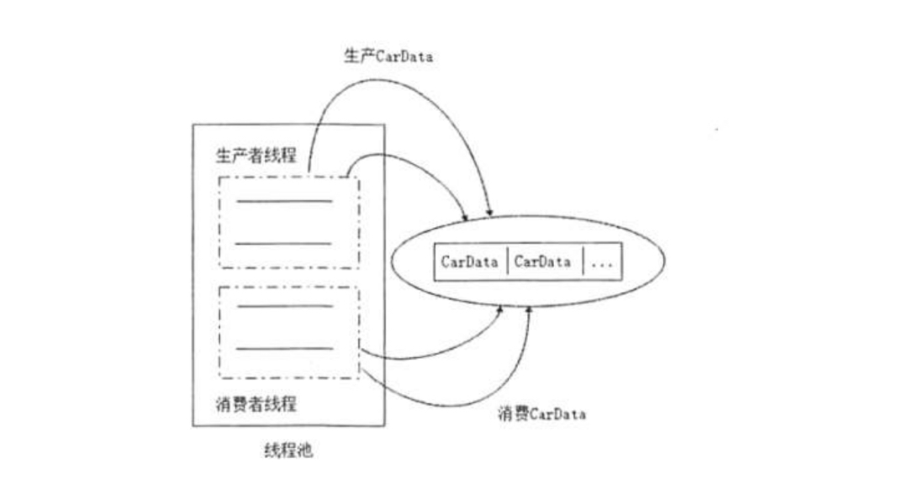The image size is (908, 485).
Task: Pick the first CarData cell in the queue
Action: click(470, 261)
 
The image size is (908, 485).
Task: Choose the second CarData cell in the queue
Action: click(542, 261)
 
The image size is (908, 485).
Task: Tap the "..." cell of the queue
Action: click(604, 261)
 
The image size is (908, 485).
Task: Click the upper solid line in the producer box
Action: click(283, 202)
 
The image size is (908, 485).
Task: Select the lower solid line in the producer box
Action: click(283, 243)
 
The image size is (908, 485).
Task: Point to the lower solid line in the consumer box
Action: click(283, 348)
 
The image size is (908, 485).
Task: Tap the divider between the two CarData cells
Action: click(507, 261)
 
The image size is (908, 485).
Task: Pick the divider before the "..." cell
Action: click(583, 261)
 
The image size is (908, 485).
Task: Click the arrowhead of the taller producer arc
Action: click(489, 209)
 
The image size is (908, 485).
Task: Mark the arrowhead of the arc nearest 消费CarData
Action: click(529, 309)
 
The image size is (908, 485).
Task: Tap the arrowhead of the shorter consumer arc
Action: click(501, 310)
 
